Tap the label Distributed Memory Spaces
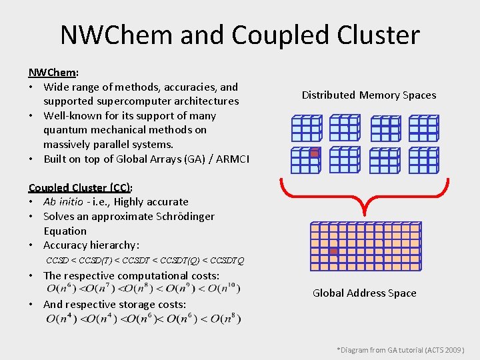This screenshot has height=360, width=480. coord(369,95)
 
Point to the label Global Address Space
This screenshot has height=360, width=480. coord(365,293)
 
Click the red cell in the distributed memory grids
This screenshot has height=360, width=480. coord(315,153)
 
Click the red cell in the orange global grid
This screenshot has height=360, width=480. coord(333,251)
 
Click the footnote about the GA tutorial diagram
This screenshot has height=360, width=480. coord(400,349)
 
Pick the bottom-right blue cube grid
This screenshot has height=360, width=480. coord(423,160)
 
